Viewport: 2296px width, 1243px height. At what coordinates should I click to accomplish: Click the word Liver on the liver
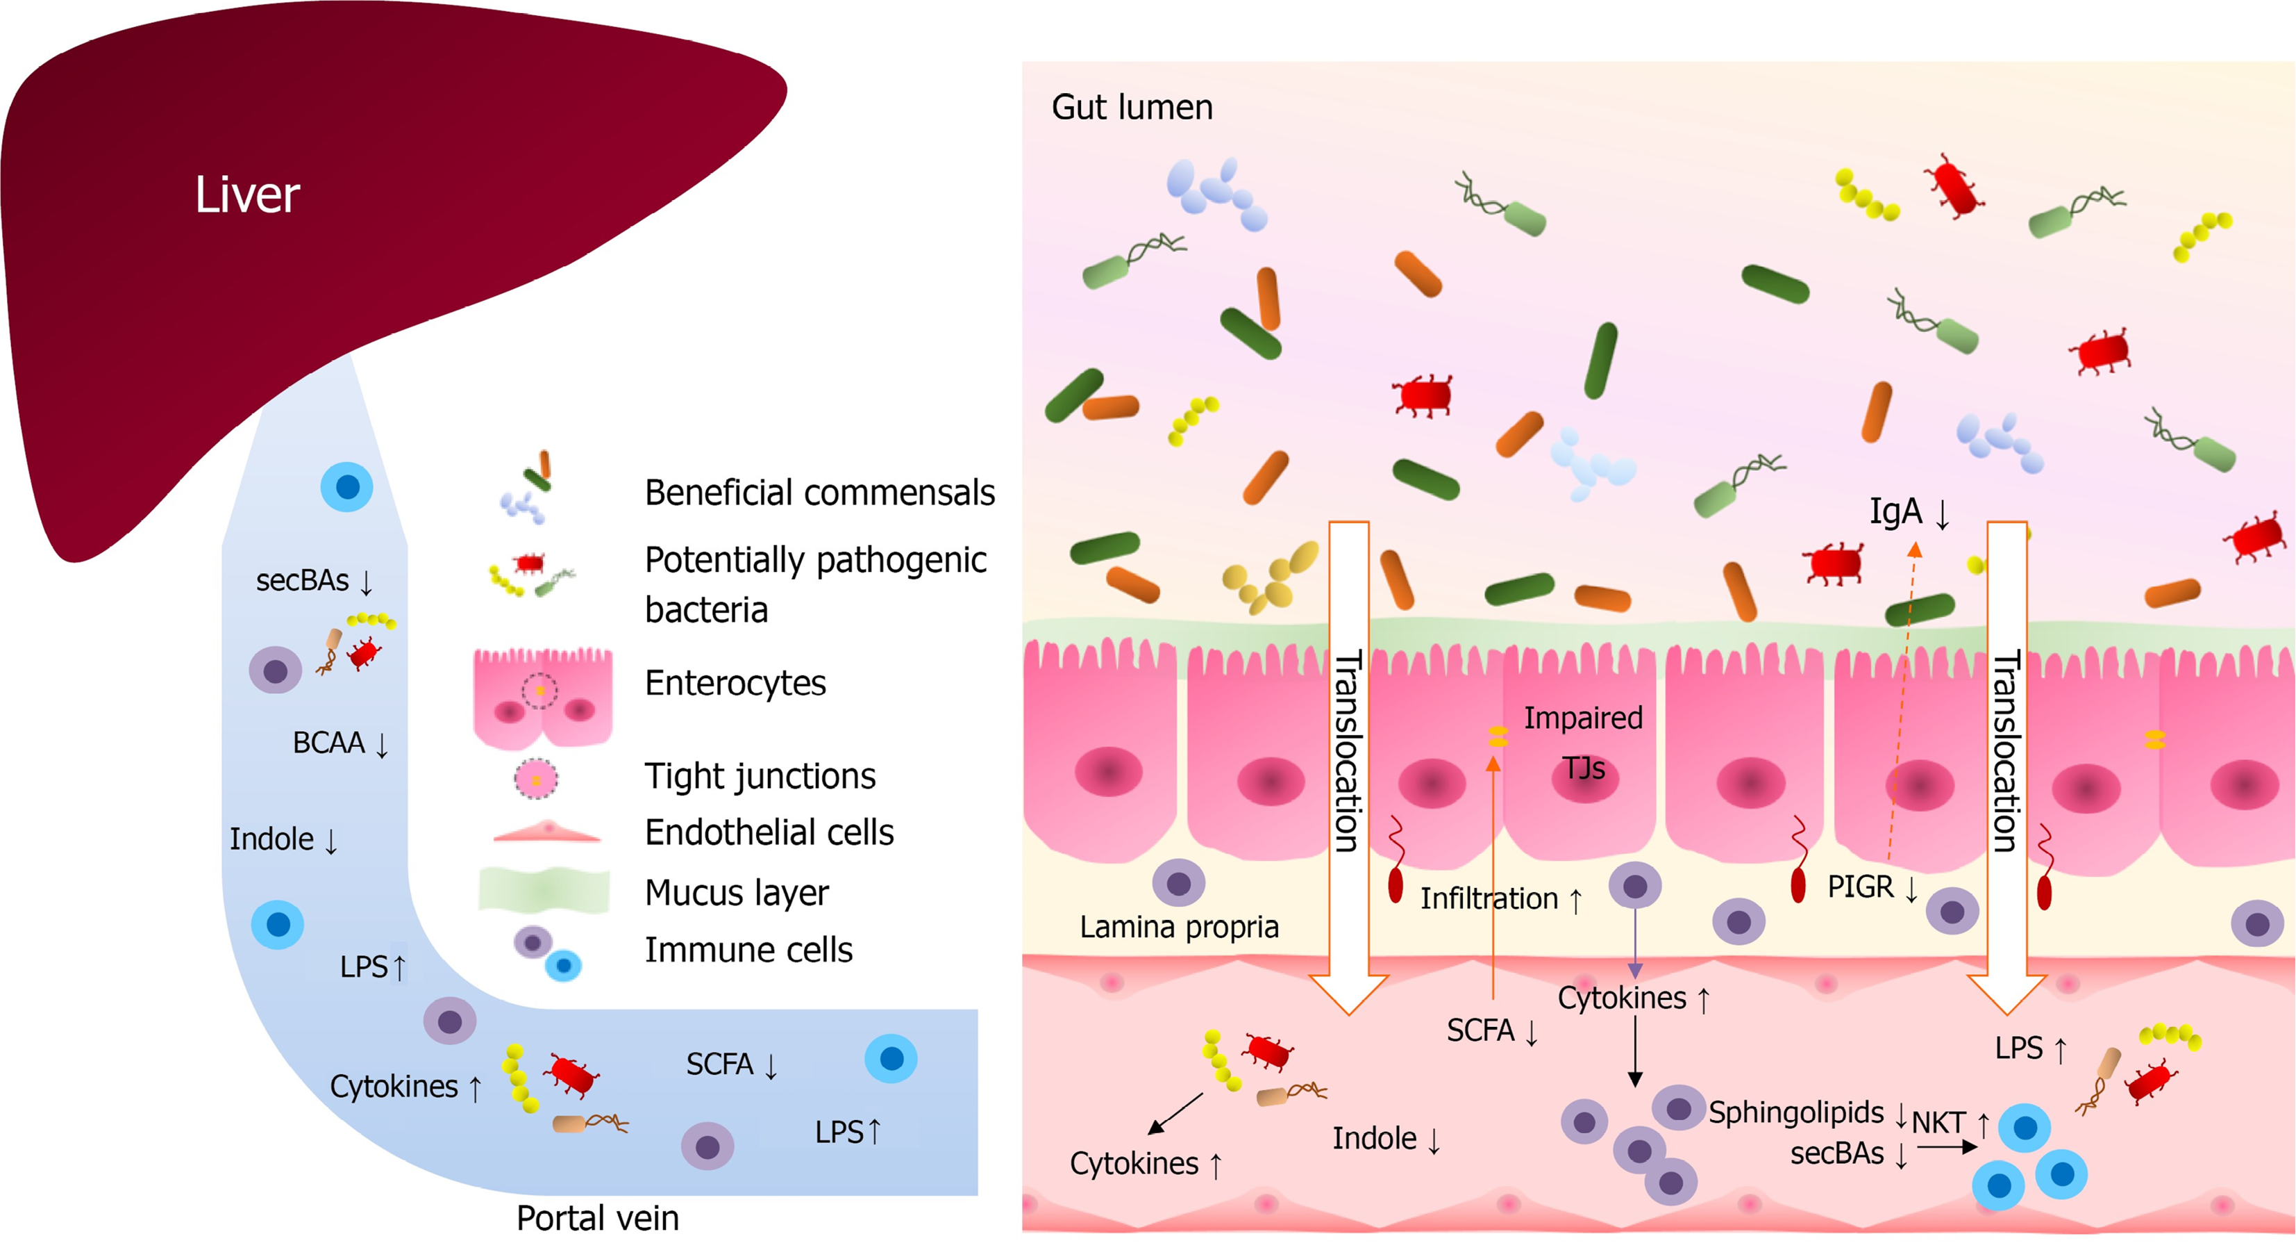pos(247,195)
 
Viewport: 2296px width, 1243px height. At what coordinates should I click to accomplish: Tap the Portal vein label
pos(597,1218)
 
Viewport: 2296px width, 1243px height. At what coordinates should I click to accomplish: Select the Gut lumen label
pos(1132,107)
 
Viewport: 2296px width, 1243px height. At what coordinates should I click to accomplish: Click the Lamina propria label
pos(1178,928)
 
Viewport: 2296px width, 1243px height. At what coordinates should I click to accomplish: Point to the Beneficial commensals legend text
pos(819,492)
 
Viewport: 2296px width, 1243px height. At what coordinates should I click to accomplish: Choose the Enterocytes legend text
pos(735,683)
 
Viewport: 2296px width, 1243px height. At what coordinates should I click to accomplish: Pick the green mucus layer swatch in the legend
pos(544,890)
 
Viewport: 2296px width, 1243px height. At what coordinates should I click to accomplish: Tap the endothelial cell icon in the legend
pos(546,833)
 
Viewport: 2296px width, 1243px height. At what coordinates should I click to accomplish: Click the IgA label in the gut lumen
pos(1896,512)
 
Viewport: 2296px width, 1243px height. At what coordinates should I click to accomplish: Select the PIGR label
pos(1860,887)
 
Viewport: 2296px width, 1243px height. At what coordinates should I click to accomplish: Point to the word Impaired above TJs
pos(1583,718)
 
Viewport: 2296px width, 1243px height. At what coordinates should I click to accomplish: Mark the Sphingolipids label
pos(1796,1113)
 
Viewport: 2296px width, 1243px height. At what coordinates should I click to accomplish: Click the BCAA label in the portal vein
pos(329,743)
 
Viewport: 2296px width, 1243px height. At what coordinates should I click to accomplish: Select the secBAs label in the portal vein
pos(302,580)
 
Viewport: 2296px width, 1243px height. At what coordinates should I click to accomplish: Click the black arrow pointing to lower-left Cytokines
pos(1175,1114)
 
